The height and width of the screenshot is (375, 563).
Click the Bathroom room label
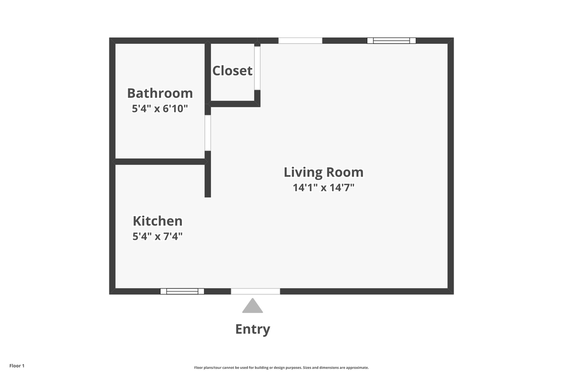(x=160, y=93)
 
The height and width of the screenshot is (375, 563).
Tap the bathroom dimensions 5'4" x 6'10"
(x=160, y=109)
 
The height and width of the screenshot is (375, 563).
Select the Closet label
(x=232, y=71)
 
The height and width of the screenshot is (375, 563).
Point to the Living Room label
(x=323, y=172)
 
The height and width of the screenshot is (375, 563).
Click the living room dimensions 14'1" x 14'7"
(x=323, y=187)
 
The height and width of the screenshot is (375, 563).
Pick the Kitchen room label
(x=157, y=221)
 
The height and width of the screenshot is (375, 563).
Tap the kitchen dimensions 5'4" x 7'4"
(x=157, y=236)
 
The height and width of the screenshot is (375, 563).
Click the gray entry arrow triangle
(x=253, y=306)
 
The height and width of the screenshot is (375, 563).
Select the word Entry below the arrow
(x=253, y=329)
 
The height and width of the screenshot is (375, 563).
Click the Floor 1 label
(x=17, y=366)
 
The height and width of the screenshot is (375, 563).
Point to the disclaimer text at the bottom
(x=281, y=368)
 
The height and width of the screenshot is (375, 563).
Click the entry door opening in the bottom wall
(x=255, y=291)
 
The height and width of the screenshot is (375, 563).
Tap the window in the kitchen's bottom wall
(x=182, y=291)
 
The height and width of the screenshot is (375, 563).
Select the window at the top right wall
(x=391, y=41)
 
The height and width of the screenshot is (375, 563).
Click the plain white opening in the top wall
(x=300, y=41)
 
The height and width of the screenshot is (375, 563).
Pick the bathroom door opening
(x=207, y=133)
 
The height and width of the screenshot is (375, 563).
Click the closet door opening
(x=257, y=68)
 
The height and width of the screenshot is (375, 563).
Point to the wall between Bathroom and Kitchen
(x=160, y=161)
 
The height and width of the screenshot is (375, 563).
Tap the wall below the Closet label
(x=235, y=104)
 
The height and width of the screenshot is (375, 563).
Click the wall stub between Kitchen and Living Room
(x=207, y=180)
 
